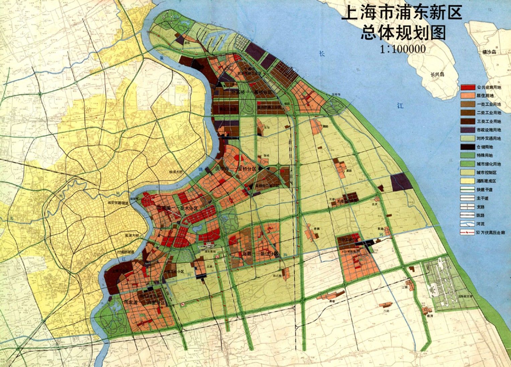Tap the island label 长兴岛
pyautogui.click(x=437, y=74)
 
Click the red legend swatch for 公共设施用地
pyautogui.click(x=467, y=87)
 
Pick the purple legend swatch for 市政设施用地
pyautogui.click(x=467, y=130)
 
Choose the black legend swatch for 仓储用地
pyautogui.click(x=467, y=147)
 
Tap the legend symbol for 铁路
pyautogui.click(x=467, y=215)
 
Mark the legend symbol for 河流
pyautogui.click(x=467, y=223)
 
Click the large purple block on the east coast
pyautogui.click(x=401, y=182)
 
